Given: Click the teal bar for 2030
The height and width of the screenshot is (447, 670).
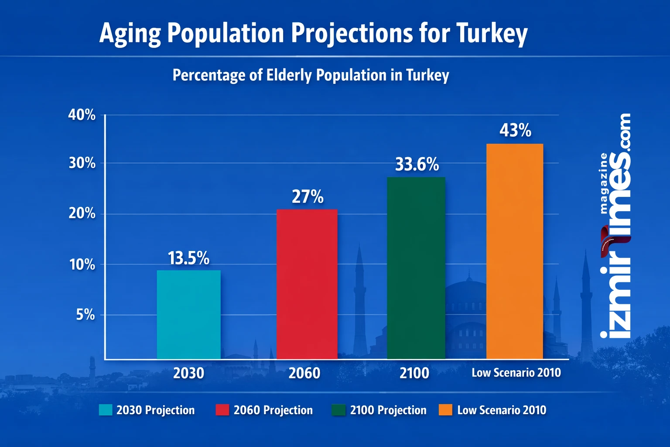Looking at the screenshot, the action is [x=189, y=314].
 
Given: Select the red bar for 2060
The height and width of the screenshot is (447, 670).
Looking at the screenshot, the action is [x=307, y=284].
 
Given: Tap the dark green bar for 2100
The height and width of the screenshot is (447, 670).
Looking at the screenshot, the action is [x=416, y=268].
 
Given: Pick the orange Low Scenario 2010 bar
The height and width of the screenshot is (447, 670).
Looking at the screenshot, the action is [x=515, y=251].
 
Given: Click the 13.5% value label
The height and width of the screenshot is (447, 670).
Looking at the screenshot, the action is [x=188, y=258].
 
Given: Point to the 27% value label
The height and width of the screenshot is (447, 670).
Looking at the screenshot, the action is [x=308, y=197].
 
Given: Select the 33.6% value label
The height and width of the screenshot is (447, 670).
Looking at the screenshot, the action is [x=417, y=165].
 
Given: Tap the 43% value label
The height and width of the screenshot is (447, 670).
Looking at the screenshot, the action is [x=515, y=131].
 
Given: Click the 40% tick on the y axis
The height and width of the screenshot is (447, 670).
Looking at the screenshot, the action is [x=82, y=115].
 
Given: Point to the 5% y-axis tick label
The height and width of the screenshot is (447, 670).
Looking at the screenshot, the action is [x=85, y=315].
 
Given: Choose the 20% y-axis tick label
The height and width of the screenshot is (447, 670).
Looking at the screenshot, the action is [x=82, y=214].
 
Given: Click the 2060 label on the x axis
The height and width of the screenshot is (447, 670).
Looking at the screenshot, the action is [x=304, y=373].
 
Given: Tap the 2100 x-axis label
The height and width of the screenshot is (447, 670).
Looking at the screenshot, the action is [x=414, y=373].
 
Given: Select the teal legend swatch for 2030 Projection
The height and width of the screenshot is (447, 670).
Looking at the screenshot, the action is [x=106, y=410].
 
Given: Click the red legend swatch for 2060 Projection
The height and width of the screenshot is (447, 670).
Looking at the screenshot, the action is [x=222, y=410].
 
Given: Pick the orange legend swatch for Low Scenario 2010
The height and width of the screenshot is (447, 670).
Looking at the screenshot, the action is [x=445, y=410].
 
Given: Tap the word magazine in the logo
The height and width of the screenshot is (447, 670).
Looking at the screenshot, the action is [x=604, y=183].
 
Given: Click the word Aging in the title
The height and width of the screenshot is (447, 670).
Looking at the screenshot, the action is [x=130, y=34].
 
